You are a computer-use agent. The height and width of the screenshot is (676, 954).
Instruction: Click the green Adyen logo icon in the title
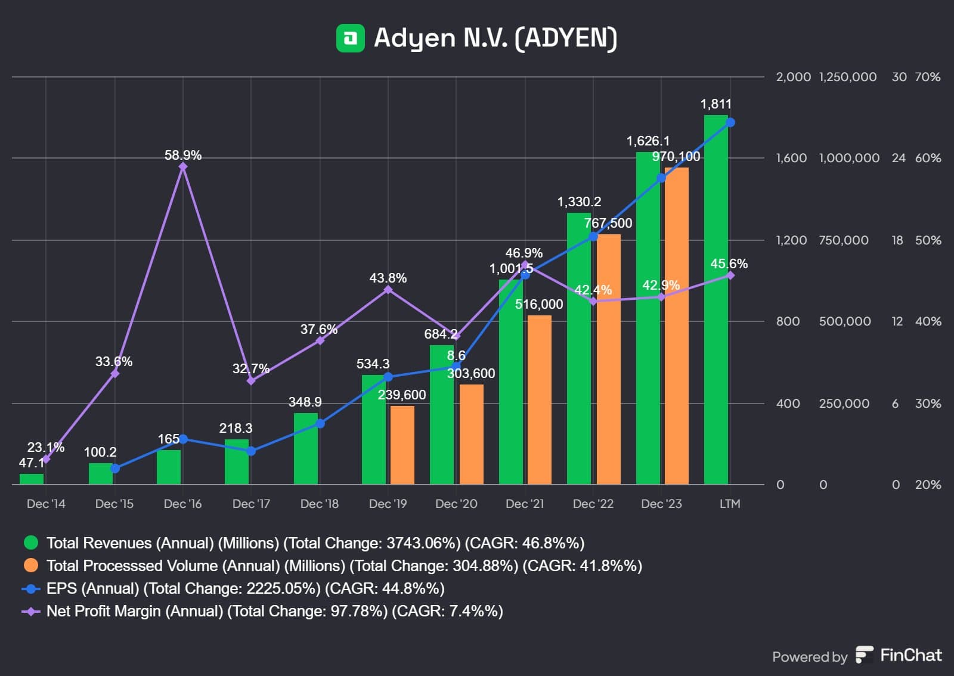point(351,38)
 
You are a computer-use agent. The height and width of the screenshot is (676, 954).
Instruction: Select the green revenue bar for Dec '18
point(306,448)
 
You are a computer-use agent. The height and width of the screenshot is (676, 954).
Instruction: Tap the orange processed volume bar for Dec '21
point(539,399)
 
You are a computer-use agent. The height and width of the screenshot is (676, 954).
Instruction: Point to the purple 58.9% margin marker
point(183,166)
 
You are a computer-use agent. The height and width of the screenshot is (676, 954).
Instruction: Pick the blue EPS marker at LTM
point(730,122)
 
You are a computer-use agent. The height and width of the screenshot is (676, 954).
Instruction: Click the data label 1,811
point(715,104)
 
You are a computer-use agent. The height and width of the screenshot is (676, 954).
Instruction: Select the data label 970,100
point(676,157)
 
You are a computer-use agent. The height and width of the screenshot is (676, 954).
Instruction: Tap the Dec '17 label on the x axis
point(251,504)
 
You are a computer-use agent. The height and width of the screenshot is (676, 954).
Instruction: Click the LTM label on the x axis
point(730,504)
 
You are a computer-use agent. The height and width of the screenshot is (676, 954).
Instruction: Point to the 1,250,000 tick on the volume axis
point(848,77)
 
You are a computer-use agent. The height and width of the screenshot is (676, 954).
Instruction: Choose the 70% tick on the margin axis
point(928,77)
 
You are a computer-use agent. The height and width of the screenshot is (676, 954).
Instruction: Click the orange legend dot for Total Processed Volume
point(31,565)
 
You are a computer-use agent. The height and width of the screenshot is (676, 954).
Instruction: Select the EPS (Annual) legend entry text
point(245,588)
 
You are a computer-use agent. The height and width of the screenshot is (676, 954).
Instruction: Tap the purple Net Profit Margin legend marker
point(31,611)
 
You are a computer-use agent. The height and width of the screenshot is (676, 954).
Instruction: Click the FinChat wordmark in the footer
point(910,655)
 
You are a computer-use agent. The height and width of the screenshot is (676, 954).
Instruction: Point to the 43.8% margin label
point(388,278)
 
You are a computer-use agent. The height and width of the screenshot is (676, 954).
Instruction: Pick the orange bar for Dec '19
point(402,445)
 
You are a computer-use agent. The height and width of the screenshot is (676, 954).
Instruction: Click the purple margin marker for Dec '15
point(115,374)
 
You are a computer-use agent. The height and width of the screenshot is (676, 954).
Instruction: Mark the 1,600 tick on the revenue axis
point(791,158)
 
